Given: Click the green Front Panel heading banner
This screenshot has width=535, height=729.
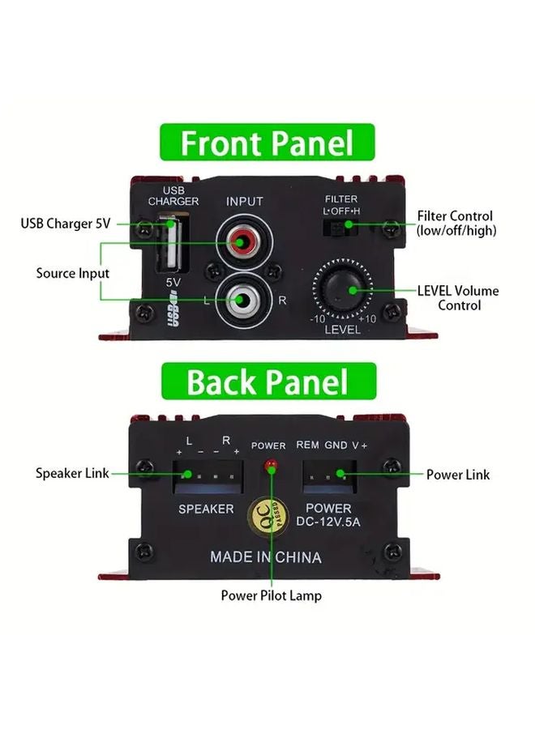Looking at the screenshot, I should point(267,143).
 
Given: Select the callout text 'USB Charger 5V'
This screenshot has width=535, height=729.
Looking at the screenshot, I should point(66,224).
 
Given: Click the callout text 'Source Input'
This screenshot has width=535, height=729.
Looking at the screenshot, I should point(72,274).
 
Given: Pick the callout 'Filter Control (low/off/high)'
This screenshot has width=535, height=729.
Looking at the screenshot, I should point(455,224).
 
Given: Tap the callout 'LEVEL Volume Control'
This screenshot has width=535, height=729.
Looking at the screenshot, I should point(458,297).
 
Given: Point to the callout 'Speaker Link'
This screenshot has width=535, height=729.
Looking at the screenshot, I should point(72,474).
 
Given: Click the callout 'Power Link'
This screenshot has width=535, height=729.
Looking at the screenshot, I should point(458,475).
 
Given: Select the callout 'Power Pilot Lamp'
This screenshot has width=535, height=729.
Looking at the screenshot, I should point(271,595).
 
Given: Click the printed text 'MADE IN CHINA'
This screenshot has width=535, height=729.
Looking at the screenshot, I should point(266,557).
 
